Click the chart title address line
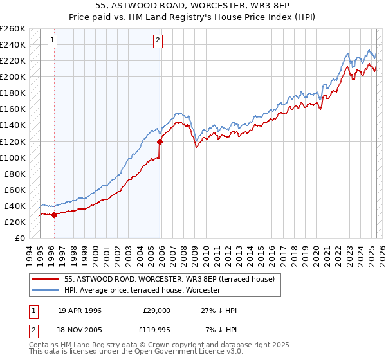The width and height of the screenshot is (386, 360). [x=193, y=7]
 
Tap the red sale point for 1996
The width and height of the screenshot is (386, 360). [x=54, y=215]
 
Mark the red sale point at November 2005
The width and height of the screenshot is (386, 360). [x=160, y=141]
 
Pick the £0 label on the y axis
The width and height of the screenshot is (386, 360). [x=19, y=238]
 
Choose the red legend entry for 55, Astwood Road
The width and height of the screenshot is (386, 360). [x=169, y=279]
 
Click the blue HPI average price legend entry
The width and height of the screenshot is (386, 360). [x=142, y=290]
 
